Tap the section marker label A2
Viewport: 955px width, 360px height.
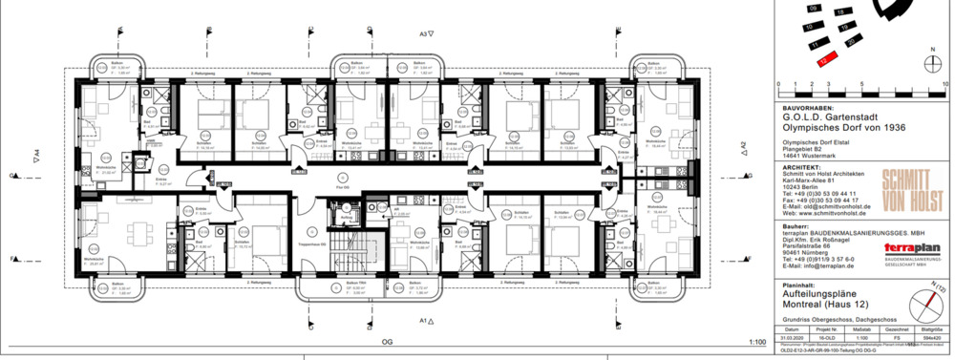pyautogui.click(x=743, y=147)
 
